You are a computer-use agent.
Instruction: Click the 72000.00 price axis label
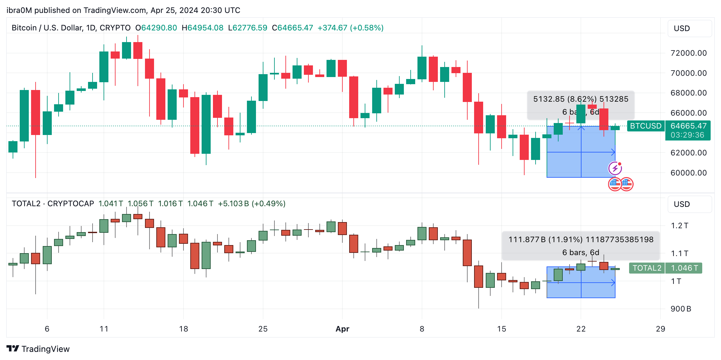point(688,53)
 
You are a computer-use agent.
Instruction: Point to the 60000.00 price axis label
point(688,173)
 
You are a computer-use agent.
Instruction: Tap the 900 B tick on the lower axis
point(681,309)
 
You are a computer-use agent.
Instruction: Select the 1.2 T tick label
point(679,226)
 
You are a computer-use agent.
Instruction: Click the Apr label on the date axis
point(342,329)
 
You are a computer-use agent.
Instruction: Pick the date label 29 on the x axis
point(660,329)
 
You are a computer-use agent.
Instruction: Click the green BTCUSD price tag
point(646,126)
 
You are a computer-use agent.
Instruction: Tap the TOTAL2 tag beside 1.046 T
point(647,268)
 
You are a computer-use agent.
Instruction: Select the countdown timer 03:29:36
point(687,135)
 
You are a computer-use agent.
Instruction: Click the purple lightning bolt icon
point(615,168)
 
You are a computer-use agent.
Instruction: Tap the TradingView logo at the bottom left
point(38,349)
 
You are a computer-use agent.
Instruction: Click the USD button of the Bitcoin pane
point(689,28)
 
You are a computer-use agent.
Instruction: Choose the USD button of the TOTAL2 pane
point(689,204)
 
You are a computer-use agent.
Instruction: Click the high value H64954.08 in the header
point(203,28)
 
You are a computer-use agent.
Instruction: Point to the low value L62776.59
point(248,28)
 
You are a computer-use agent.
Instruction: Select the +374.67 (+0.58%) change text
point(350,28)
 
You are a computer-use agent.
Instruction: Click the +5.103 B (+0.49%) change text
point(251,204)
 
